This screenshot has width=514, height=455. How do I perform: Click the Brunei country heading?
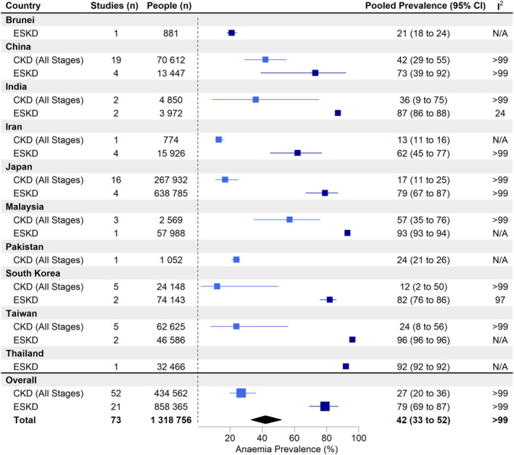pyautogui.click(x=20, y=20)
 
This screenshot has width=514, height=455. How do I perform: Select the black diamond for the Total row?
pyautogui.click(x=266, y=419)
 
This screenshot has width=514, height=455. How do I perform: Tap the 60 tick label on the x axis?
pyautogui.click(x=294, y=438)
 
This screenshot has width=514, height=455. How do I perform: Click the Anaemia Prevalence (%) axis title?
pyautogui.click(x=286, y=449)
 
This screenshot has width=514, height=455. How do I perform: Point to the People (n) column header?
pyautogui.click(x=169, y=6)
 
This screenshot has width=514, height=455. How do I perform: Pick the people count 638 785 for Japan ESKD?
pyautogui.click(x=171, y=193)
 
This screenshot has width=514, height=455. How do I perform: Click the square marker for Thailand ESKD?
pyautogui.click(x=346, y=366)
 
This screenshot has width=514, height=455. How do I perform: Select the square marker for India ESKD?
pyautogui.click(x=338, y=113)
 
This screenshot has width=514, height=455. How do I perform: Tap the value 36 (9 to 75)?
pyautogui.click(x=423, y=100)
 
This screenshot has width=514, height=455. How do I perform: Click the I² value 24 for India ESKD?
pyautogui.click(x=500, y=113)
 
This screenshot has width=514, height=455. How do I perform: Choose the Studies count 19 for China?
pyautogui.click(x=116, y=60)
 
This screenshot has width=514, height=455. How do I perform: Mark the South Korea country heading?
pyautogui.click(x=33, y=273)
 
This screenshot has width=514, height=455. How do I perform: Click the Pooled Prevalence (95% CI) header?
pyautogui.click(x=425, y=6)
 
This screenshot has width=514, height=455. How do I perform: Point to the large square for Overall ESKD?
pyautogui.click(x=325, y=406)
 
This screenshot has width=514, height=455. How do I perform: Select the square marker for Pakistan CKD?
pyautogui.click(x=236, y=260)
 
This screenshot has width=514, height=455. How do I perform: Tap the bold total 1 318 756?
pyautogui.click(x=171, y=420)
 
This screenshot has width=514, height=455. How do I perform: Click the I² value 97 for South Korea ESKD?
pyautogui.click(x=500, y=300)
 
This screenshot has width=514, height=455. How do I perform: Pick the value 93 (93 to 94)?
pyautogui.click(x=423, y=233)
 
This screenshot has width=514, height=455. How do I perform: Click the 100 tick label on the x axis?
pyautogui.click(x=359, y=438)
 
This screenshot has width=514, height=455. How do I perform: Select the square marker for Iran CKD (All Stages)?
pyautogui.click(x=219, y=140)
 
